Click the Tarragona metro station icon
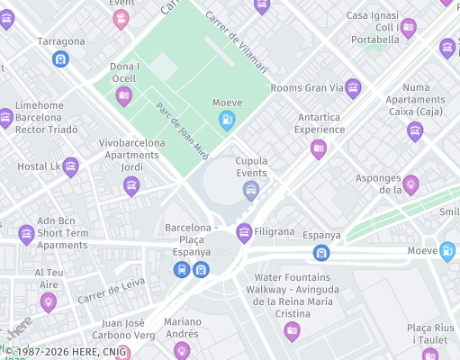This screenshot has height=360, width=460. coord(60,59)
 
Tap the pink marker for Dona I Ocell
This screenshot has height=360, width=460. coord(124,95)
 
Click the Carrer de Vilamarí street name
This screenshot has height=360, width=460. coord(236,41)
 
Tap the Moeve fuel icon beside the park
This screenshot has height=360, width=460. coord(228,119)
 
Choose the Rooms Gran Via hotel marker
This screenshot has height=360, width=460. coord(353,87)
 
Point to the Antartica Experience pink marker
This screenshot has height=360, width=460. coord(318,148)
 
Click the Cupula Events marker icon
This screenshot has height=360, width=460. coord(251,189)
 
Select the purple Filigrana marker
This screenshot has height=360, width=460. coord(243,233)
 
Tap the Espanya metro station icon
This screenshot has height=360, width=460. coord(321,252)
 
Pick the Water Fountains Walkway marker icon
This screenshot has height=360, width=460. coord(292,331)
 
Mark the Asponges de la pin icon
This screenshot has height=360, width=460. coord(410,184)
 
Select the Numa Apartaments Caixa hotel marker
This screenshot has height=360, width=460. coord(415,131)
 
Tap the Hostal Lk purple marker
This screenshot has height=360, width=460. coord(70,166)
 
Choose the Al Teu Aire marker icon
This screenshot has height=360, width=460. coord(49,301)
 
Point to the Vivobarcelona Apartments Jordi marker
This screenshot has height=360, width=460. coord(131,185)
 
